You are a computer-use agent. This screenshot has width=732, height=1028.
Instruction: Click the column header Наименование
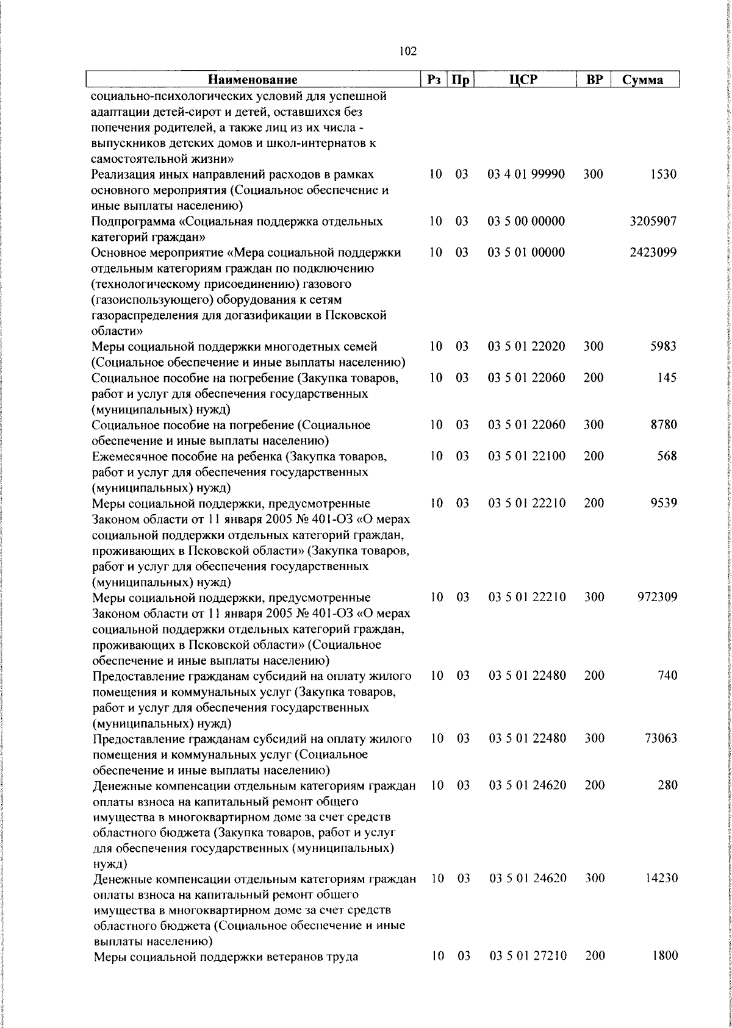pyautogui.click(x=253, y=80)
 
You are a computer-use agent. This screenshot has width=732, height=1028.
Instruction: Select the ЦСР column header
pyautogui.click(x=526, y=80)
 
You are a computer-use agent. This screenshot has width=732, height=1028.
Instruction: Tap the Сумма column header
pyautogui.click(x=642, y=80)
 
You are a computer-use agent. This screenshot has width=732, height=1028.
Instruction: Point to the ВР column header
pyautogui.click(x=594, y=80)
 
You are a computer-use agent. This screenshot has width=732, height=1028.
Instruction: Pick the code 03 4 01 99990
pyautogui.click(x=526, y=174)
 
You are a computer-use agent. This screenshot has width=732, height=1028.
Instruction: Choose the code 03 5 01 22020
pyautogui.click(x=526, y=346)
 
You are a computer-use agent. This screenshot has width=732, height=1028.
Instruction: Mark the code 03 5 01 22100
pyautogui.click(x=526, y=456)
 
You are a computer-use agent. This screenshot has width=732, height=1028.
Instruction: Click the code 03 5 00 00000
pyautogui.click(x=526, y=221)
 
